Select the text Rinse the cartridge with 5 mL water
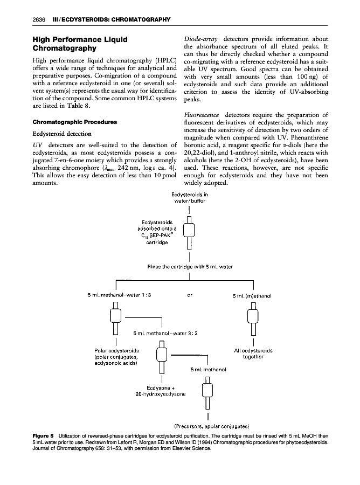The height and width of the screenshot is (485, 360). (190, 267)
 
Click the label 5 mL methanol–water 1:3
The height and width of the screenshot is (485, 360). (119, 295)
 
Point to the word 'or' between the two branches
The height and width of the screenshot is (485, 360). (190, 295)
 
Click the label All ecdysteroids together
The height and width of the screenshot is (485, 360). (253, 354)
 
